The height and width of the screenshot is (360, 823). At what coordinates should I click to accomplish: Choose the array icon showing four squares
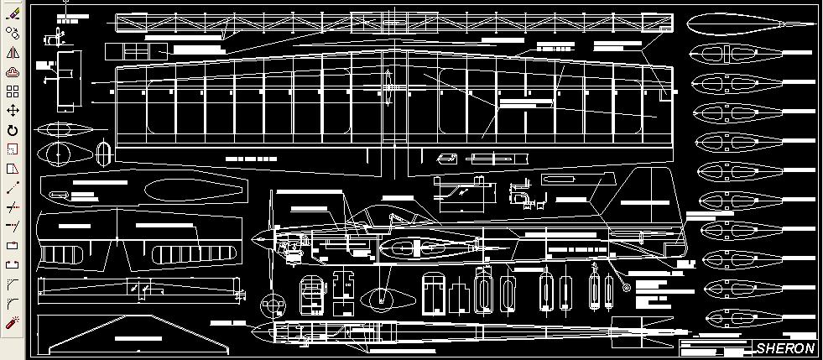click(x=13, y=91)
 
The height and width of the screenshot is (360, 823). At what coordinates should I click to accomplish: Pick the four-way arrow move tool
click(x=13, y=111)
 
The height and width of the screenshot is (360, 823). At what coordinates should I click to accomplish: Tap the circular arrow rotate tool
click(x=13, y=130)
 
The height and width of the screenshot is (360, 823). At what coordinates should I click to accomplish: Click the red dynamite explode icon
click(x=13, y=322)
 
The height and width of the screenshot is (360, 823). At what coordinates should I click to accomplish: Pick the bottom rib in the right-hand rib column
click(x=723, y=317)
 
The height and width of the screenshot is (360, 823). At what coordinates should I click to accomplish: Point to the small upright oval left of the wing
click(x=104, y=155)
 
